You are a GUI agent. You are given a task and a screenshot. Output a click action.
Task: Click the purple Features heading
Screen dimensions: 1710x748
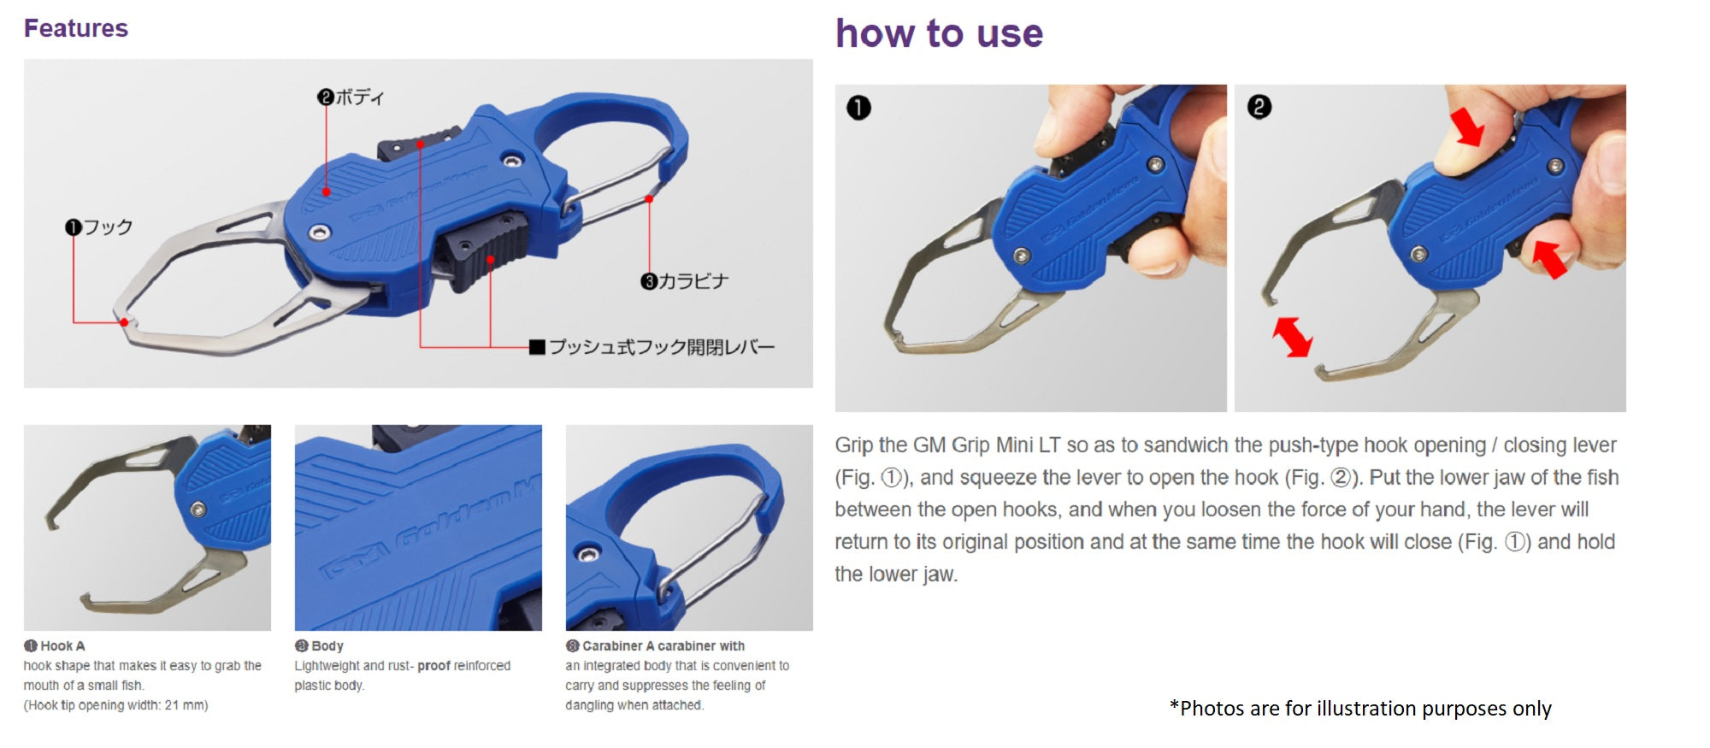[x=76, y=28]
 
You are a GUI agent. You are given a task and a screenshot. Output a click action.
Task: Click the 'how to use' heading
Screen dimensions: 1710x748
[x=939, y=34]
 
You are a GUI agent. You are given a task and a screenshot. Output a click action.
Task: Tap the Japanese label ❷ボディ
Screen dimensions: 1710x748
[x=351, y=97]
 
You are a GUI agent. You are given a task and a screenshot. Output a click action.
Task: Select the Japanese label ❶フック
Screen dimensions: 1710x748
[x=99, y=227]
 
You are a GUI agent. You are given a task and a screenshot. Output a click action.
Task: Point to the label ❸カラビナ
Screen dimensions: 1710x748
[x=685, y=281]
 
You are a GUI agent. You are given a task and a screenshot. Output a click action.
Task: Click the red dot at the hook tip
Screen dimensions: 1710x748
[x=124, y=322]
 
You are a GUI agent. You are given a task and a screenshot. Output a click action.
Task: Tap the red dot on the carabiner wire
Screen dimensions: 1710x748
[x=649, y=199]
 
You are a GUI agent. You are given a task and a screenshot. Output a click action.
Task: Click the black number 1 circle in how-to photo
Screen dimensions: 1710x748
[x=858, y=108]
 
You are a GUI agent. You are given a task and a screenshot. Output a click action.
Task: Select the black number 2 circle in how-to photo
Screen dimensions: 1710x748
[x=1259, y=107]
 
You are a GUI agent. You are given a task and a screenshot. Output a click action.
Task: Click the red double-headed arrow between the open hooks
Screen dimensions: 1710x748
[x=1292, y=337]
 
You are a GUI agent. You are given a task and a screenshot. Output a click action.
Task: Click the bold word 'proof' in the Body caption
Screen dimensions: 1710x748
[x=433, y=666]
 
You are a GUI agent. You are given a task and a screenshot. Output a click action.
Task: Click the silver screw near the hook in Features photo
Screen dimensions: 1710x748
[x=320, y=232]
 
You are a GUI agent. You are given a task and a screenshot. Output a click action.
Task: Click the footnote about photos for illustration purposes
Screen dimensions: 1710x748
[x=1360, y=709]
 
